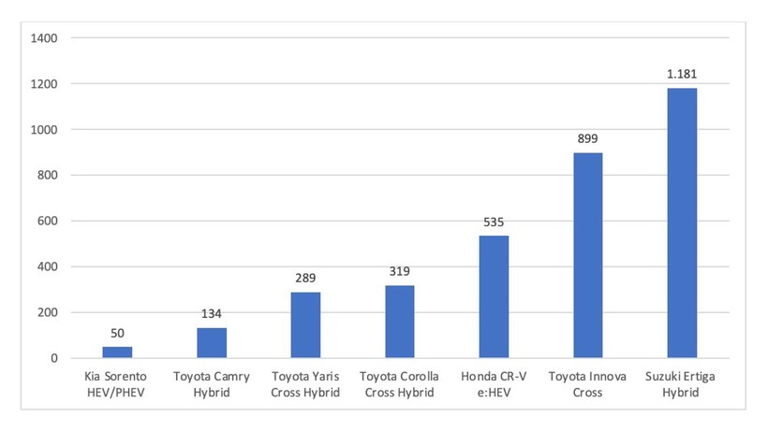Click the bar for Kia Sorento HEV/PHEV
coord(117,352)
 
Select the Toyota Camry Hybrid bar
coord(212,343)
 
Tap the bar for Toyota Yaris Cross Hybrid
coord(305,325)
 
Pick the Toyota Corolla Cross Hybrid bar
coord(400,322)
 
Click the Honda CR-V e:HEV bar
coord(494,297)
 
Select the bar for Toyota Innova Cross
coord(587,255)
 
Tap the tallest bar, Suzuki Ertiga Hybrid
coord(682,223)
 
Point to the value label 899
coord(587,139)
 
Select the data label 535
coord(494,223)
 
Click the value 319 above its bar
coord(400,272)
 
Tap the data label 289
coord(305,279)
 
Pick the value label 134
coord(212,314)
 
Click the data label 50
coord(117,333)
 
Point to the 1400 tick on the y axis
coord(45,38)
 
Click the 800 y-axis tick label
coord(48,176)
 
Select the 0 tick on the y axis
coord(54,358)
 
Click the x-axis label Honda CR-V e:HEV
coord(494,384)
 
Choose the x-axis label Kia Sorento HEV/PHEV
coord(117,384)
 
